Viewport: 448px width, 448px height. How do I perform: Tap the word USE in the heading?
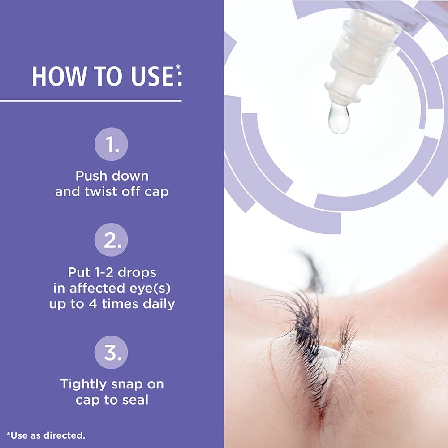coord(152,76)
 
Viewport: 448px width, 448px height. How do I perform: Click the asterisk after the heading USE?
coord(178,67)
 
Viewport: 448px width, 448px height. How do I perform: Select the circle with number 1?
coord(111,144)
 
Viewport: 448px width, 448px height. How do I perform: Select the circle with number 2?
coord(111,240)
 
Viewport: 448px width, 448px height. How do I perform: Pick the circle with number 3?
coord(111,352)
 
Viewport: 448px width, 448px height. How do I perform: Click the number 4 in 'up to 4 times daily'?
coord(93,304)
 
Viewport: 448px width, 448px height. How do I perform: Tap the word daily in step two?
coord(159,304)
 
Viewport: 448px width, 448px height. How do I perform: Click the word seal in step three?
coord(135,400)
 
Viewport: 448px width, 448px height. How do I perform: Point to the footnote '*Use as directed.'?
coord(46,435)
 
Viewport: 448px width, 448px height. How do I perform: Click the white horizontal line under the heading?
coord(91,101)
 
